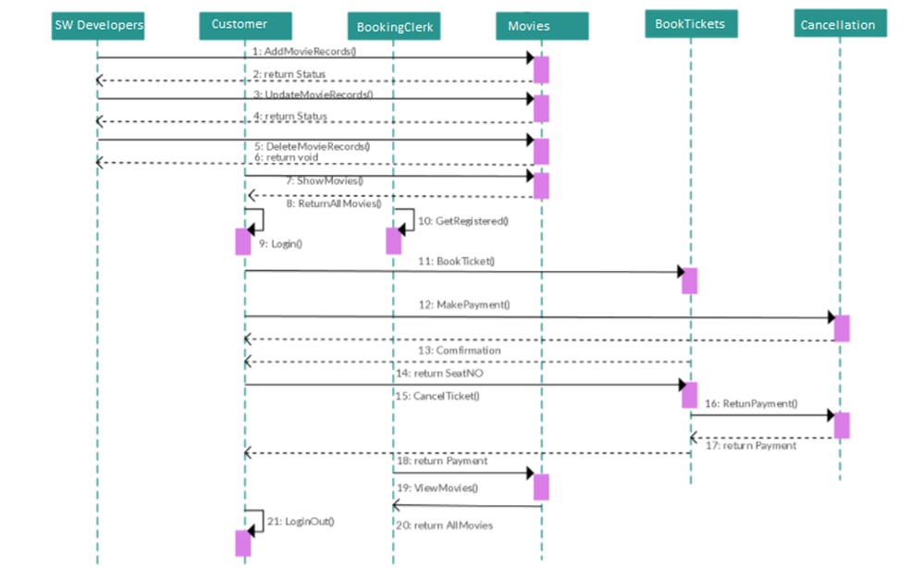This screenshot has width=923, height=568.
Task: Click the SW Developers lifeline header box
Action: (97, 25)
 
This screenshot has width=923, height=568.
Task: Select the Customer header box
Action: (245, 25)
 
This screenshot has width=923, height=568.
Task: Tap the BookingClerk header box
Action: (394, 27)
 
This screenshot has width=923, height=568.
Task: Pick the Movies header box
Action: (542, 26)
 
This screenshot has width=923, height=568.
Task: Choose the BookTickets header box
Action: (690, 24)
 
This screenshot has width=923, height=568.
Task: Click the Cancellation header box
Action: (840, 24)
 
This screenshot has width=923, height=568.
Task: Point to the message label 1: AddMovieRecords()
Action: (304, 51)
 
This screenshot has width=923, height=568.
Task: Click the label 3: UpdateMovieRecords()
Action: (313, 94)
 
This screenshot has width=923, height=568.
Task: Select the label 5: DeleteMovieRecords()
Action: (312, 146)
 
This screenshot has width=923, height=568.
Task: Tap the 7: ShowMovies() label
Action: (324, 180)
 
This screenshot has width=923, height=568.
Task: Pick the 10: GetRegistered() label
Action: (463, 221)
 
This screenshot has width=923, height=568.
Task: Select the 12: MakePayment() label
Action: (463, 304)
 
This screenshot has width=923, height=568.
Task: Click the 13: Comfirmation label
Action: (459, 351)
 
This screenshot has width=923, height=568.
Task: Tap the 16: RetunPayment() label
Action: (750, 404)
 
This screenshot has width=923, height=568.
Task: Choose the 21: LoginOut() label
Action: (300, 522)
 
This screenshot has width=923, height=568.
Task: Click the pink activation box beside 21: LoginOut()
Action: (243, 543)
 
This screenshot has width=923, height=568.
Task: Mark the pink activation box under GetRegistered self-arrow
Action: (393, 241)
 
